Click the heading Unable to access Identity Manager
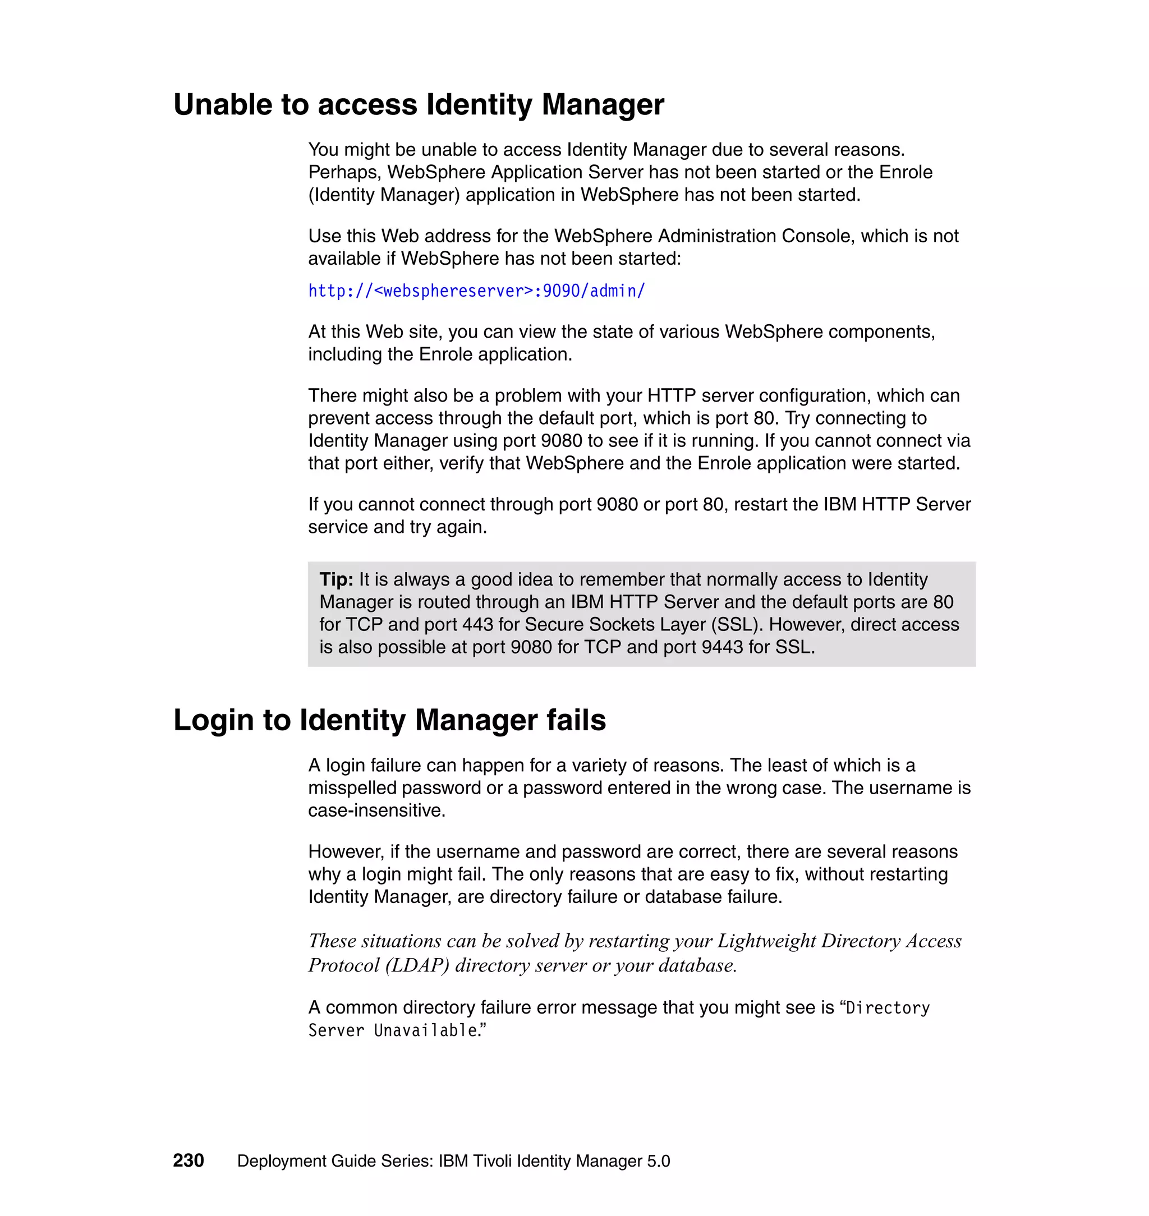tap(419, 104)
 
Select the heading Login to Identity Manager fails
tap(389, 720)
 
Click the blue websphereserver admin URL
tap(476, 291)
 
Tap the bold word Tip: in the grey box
tap(336, 579)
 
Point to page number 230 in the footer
tap(188, 1160)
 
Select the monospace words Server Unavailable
tap(393, 1030)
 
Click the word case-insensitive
tap(376, 810)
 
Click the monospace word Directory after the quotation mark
tap(888, 1008)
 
